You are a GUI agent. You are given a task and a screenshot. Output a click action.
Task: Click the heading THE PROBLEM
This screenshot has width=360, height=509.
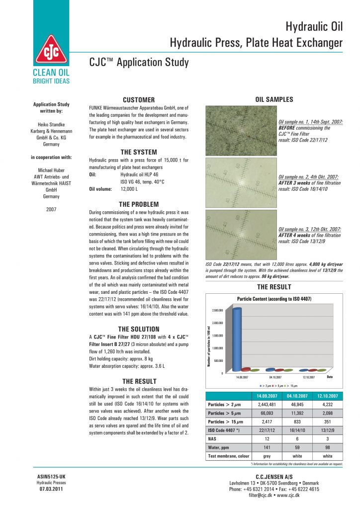click(139, 204)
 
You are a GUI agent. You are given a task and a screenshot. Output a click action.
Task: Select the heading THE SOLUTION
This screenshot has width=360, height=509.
click(139, 329)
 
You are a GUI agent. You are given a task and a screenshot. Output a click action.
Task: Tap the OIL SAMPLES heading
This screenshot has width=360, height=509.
click(274, 99)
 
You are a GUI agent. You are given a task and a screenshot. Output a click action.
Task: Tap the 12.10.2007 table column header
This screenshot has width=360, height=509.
click(328, 396)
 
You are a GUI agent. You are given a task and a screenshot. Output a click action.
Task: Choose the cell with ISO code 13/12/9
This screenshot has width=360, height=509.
click(328, 430)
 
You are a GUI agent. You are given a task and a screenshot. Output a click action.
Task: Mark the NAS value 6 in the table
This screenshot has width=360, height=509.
click(296, 438)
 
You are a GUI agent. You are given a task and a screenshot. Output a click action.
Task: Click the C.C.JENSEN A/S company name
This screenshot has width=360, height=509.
click(274, 477)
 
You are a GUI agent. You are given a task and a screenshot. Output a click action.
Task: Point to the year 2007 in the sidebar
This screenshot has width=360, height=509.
click(51, 209)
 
